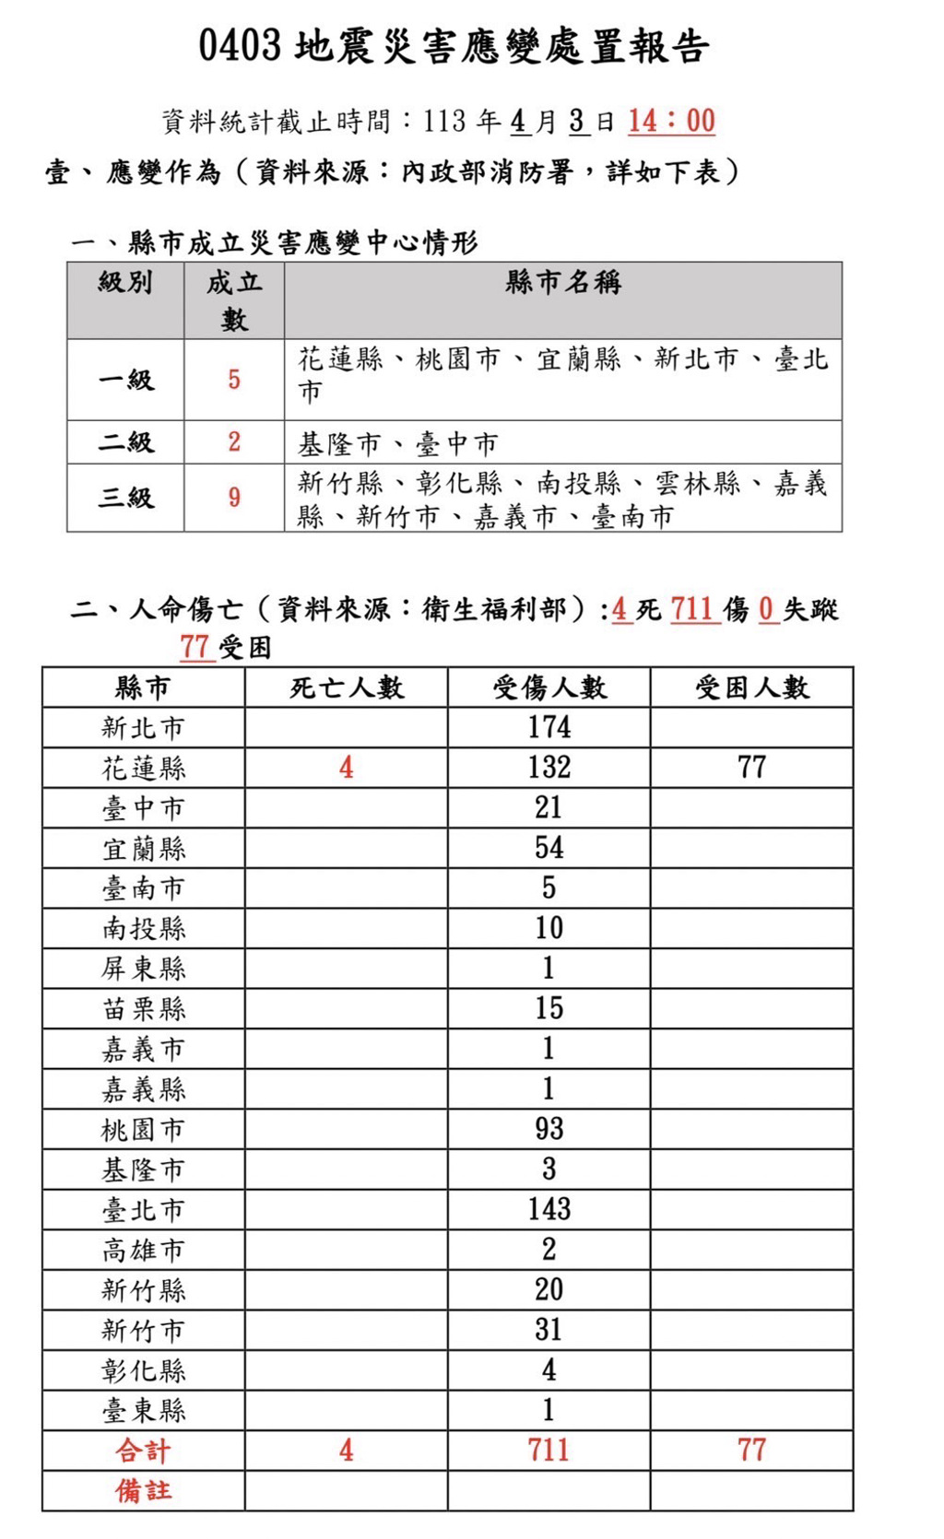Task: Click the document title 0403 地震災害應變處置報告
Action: click(x=454, y=46)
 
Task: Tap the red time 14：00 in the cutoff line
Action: click(x=671, y=121)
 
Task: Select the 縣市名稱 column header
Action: click(x=562, y=283)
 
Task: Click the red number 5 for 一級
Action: click(x=234, y=380)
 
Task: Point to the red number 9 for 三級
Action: click(x=234, y=498)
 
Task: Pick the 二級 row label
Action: click(x=125, y=442)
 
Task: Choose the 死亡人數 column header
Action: click(x=346, y=687)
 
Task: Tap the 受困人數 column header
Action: click(x=751, y=687)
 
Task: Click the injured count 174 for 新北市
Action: click(x=549, y=727)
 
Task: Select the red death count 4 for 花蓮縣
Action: click(x=346, y=768)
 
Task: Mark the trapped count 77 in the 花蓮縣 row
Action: click(x=751, y=768)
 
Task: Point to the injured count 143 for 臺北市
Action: click(x=549, y=1209)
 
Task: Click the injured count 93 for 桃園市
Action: click(x=549, y=1129)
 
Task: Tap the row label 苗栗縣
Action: click(x=143, y=1008)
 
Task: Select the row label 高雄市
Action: click(x=143, y=1250)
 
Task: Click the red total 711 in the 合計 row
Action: click(x=549, y=1451)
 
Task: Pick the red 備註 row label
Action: click(x=143, y=1490)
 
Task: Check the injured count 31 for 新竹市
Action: click(x=549, y=1330)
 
